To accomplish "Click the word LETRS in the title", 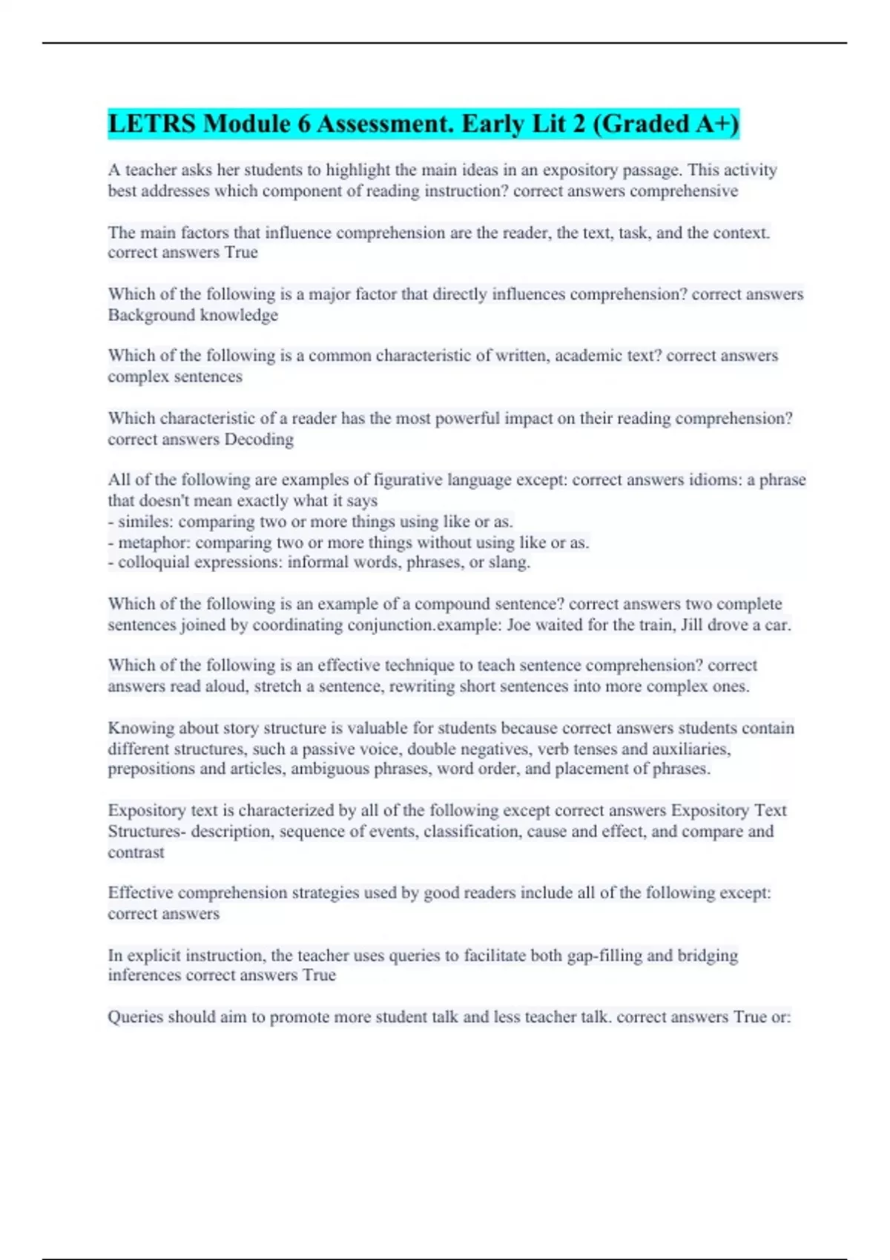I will coord(153,124).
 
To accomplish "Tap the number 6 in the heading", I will coord(304,124).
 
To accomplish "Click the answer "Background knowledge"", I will coord(193,315).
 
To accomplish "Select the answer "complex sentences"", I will coord(175,377).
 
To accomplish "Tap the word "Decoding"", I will coord(259,440).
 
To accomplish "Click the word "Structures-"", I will coord(147,832).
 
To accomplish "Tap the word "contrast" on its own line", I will coord(136,852).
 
